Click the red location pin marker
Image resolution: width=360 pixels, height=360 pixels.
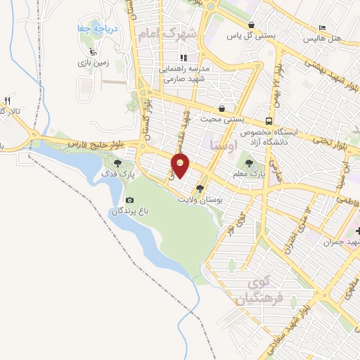click(x=181, y=165)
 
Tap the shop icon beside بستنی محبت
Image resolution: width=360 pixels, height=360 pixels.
click(x=223, y=109)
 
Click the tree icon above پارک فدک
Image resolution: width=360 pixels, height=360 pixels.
click(x=117, y=164)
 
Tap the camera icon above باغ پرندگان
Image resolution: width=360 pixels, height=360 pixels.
click(x=129, y=201)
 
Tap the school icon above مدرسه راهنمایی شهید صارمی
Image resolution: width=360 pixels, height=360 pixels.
click(x=184, y=58)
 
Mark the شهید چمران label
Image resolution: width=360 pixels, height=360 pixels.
click(x=342, y=242)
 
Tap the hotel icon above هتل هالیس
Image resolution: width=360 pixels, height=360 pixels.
click(x=322, y=27)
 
